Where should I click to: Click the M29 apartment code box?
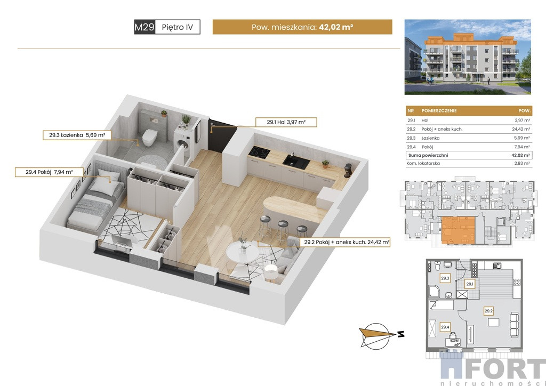144,27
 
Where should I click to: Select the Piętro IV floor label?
177,27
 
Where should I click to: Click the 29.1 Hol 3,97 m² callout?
286,122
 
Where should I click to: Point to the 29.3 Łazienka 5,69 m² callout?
77,135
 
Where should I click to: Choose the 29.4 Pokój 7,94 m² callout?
49,172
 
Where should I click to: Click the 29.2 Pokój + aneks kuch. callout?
347,242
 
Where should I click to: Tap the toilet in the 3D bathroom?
149,137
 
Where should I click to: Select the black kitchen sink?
296,162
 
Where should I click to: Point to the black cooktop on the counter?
260,151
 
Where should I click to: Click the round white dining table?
243,251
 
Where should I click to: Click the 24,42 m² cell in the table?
521,129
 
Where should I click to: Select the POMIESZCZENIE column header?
439,111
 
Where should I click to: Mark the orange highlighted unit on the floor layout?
459,230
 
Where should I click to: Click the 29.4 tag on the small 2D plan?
445,327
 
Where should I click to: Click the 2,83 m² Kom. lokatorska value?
522,163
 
